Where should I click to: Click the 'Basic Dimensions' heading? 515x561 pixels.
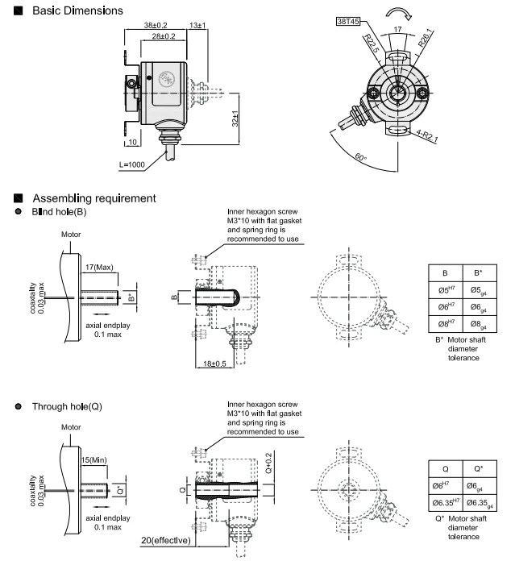point(77,10)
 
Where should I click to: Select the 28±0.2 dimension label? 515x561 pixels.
point(164,36)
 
